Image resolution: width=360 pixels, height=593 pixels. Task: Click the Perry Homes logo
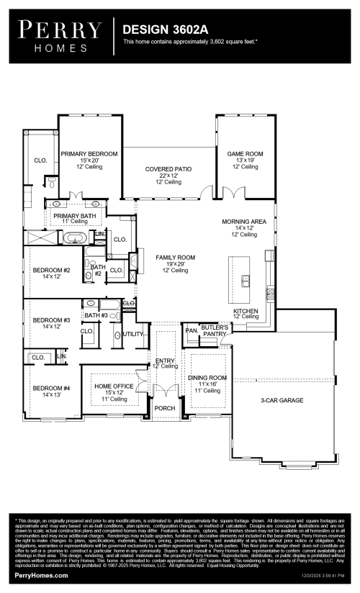(60, 35)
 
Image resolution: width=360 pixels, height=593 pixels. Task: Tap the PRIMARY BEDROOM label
(89, 154)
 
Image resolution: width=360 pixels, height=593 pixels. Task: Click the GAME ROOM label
(245, 154)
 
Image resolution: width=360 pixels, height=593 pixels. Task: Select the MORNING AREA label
(244, 222)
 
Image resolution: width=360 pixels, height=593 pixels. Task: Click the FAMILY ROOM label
(176, 257)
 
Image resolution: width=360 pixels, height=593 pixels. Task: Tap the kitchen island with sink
(244, 279)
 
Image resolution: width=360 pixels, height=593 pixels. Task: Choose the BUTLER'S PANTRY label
(215, 330)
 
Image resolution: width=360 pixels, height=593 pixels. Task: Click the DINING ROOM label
(207, 378)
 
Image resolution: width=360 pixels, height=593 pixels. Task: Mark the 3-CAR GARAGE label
(282, 400)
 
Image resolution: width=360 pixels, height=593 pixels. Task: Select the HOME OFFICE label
(114, 386)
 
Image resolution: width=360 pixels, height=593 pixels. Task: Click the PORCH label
(165, 408)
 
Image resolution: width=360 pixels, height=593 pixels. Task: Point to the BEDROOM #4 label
(51, 389)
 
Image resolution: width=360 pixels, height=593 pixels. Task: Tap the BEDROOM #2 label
(51, 271)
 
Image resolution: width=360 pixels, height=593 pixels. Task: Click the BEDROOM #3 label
(51, 320)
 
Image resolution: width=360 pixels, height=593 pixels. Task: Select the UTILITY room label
(133, 334)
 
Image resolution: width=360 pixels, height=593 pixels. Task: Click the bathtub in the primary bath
(76, 237)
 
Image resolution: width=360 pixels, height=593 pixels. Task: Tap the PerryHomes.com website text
(42, 576)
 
